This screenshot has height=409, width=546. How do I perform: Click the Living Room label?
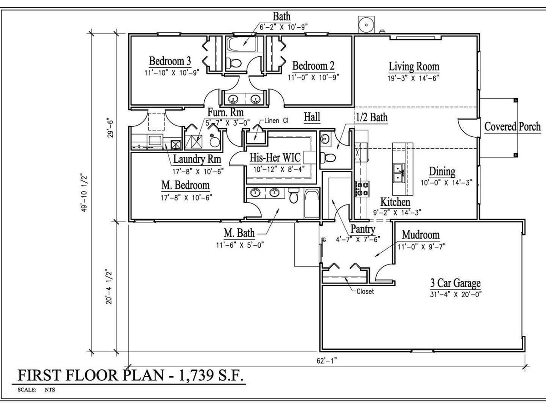click(414, 66)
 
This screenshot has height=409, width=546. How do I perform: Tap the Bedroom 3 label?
click(170, 61)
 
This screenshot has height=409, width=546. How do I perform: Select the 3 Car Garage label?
click(455, 283)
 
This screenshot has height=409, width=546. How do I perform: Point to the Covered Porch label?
click(512, 127)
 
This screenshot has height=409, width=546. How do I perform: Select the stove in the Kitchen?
click(362, 189)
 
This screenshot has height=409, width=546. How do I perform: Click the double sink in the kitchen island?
click(399, 173)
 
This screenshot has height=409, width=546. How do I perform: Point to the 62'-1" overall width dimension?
click(327, 360)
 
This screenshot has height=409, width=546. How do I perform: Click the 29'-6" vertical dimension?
click(110, 128)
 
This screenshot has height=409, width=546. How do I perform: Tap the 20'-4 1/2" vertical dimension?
click(109, 287)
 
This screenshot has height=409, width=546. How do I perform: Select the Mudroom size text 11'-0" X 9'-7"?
click(421, 247)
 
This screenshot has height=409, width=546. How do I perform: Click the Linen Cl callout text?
click(276, 121)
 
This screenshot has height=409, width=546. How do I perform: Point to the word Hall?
click(312, 117)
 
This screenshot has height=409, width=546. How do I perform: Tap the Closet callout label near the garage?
click(365, 291)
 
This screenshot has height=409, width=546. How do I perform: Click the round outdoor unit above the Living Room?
click(366, 25)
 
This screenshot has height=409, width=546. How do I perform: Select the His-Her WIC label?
click(275, 158)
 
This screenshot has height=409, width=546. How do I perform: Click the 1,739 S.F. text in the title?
click(211, 375)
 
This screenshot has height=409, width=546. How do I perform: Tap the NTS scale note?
click(50, 389)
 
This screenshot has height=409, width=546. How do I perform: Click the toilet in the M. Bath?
click(293, 195)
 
